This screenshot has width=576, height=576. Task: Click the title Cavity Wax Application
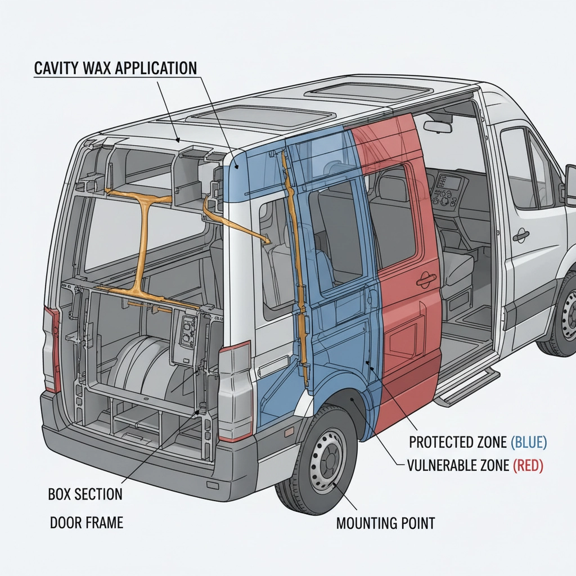point(115,68)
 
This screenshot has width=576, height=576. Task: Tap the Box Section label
point(85,494)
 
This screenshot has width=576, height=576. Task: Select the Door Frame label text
point(87,523)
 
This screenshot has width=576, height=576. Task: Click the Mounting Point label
point(385,523)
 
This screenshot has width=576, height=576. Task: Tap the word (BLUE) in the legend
point(528,442)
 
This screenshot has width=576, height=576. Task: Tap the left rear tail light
point(51,349)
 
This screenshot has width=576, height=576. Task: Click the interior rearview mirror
point(438,127)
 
